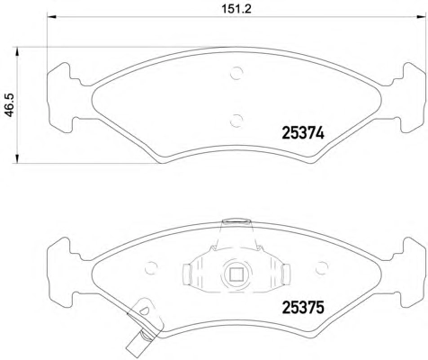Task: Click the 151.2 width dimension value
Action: (236, 9)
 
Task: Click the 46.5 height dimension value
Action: (9, 104)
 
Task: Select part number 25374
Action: (303, 133)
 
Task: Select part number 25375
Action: (303, 308)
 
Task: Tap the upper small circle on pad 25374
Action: (236, 73)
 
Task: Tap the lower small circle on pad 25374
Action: (236, 121)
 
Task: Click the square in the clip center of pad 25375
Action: (236, 274)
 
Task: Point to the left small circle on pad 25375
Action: (151, 267)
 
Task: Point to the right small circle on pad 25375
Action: (322, 267)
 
